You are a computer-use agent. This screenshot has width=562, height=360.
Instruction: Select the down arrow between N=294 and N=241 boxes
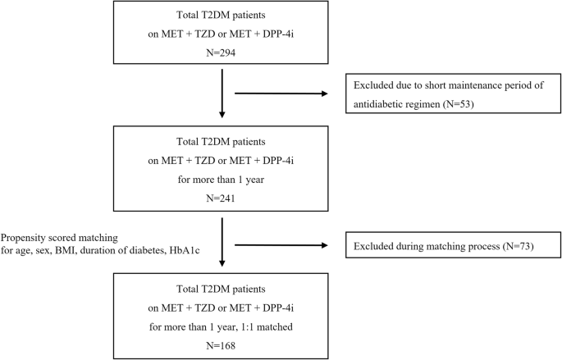click(223, 94)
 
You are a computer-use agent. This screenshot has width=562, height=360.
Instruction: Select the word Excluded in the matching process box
click(374, 246)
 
